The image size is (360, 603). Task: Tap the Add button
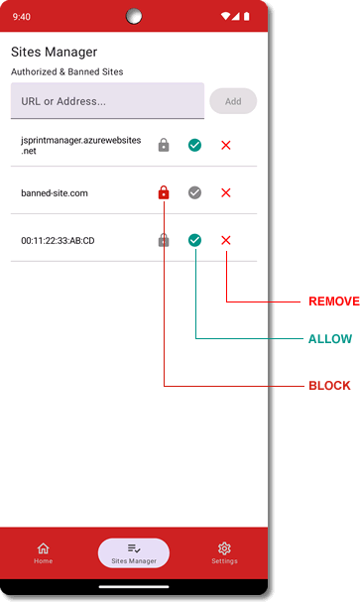coord(233,101)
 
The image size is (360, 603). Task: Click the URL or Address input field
coord(107,101)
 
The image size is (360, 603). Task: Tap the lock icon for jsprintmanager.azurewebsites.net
coord(164,146)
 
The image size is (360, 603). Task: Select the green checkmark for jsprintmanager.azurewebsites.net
coord(194,146)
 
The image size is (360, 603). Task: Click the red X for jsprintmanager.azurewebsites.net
coord(226,146)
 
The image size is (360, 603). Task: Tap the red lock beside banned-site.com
coord(164,192)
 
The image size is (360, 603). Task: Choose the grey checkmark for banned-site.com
coord(194,192)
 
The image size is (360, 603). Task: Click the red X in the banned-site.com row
coord(226,192)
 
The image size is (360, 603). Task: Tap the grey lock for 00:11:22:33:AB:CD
coord(164,240)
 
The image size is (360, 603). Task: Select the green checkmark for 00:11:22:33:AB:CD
coord(194,240)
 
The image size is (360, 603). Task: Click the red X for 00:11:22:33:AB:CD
coord(226,240)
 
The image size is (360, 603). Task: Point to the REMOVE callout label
coord(333,301)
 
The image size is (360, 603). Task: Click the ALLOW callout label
coord(329,339)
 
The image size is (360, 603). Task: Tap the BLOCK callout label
coord(329,385)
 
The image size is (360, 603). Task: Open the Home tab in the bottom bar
coord(43,552)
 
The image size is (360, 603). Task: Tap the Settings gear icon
coord(224,548)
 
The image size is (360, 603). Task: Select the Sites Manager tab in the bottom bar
coord(134,552)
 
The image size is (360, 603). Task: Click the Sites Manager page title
coord(54,52)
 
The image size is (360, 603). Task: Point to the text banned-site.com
coord(55,192)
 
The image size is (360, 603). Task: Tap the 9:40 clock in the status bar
coord(22,17)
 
